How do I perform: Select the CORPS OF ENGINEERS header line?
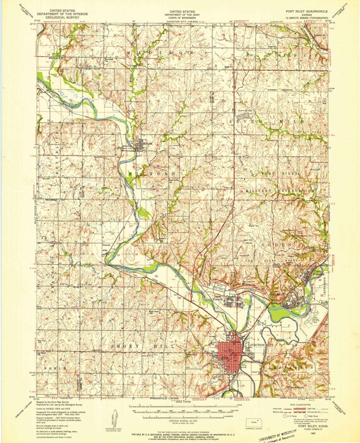(x=179, y=19)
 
